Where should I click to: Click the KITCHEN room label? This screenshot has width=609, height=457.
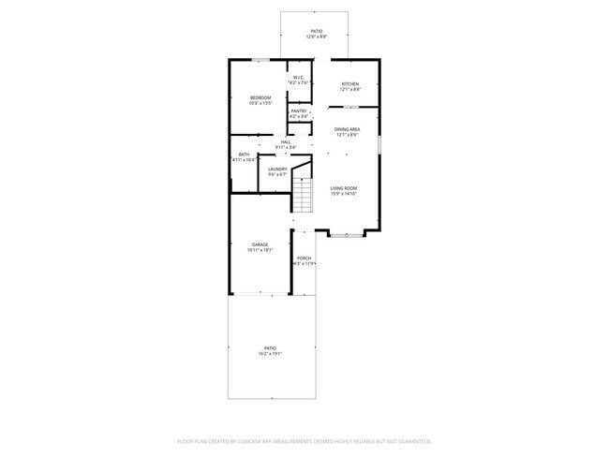point(350,84)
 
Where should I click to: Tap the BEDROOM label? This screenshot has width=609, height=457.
point(260,98)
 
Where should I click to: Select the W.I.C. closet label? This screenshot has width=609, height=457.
point(298,78)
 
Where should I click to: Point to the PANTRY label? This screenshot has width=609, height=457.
point(298,111)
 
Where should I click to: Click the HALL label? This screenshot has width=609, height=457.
point(286,142)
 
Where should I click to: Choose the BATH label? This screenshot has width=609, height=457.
point(244,155)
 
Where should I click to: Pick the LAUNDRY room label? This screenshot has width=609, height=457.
point(277,170)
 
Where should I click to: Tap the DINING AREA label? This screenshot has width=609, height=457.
point(347,129)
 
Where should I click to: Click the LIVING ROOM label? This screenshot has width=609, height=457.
point(343,188)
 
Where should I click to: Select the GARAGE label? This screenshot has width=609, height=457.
point(260,244)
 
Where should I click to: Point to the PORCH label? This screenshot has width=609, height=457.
point(304,258)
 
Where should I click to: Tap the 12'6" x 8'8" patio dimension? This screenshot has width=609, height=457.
point(318,37)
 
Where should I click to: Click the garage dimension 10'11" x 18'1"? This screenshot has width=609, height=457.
point(260,250)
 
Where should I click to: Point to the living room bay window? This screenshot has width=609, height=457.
point(347,235)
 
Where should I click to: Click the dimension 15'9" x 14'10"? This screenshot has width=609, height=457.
point(343,194)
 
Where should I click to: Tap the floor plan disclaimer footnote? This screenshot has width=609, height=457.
point(304,440)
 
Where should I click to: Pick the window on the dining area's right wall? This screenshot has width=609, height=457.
point(379,145)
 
